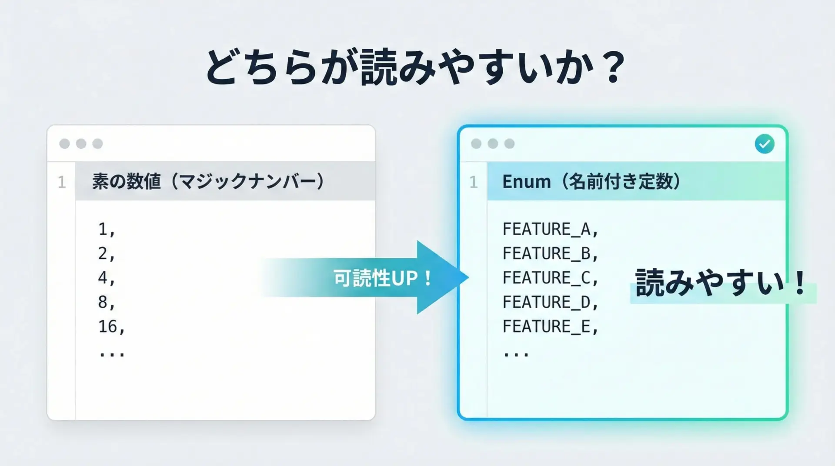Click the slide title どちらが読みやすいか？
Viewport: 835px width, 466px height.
[415, 67]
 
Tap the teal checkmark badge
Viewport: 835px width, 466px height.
[764, 144]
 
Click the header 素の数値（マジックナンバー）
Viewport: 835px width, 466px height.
[208, 181]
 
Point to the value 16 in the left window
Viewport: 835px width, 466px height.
[108, 326]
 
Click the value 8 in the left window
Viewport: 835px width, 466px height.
[103, 302]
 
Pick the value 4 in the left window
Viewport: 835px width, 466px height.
[103, 278]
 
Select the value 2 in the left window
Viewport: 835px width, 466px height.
[103, 253]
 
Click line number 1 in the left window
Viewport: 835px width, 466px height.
[62, 182]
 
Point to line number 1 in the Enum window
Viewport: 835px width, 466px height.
[474, 182]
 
